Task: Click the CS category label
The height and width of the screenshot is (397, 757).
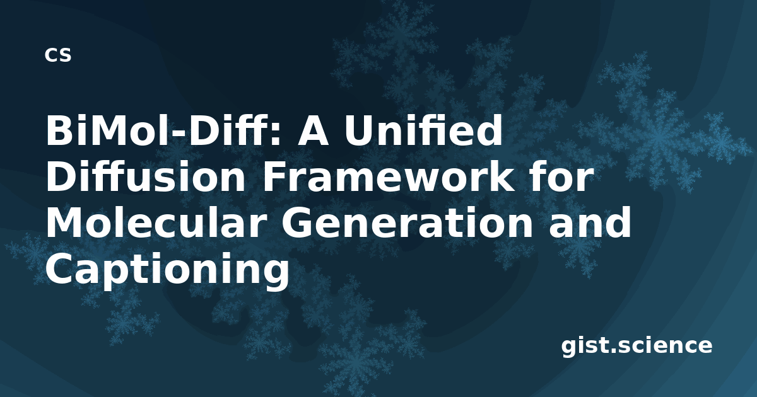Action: coord(58,55)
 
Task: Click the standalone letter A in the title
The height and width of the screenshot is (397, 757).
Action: coord(314,131)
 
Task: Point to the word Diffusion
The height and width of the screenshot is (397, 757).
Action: coord(146,176)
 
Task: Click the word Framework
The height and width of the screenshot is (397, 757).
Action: coord(386,176)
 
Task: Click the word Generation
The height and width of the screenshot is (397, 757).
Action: coord(406,224)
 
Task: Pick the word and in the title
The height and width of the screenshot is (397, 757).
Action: coord(590,222)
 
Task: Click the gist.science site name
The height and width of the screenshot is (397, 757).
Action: coord(637,347)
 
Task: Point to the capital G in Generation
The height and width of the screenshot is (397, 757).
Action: coord(296,224)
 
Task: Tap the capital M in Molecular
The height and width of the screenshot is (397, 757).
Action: coord(65,223)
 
